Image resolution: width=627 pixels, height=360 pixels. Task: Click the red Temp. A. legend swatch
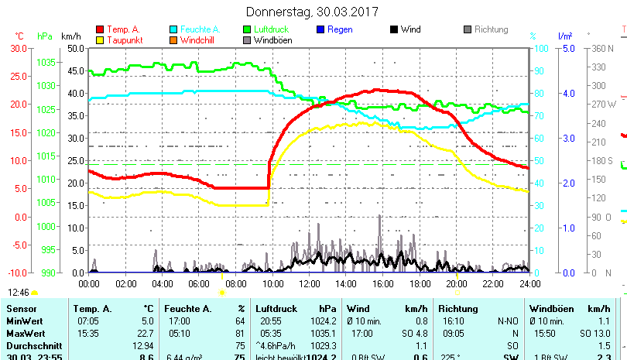tap(100, 29)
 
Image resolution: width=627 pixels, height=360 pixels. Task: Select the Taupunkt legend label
tap(124, 40)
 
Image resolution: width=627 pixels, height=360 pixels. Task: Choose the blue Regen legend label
tap(340, 29)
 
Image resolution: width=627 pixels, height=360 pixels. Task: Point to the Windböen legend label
tap(272, 40)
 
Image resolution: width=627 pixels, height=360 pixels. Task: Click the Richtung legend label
tap(492, 29)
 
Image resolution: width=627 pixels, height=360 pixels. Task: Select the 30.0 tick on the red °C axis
tap(19, 48)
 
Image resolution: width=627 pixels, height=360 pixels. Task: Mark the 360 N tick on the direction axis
tap(601, 48)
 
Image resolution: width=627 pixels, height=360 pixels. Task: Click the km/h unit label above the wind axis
tap(70, 36)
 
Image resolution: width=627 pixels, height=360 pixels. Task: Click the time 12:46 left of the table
tap(19, 293)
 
